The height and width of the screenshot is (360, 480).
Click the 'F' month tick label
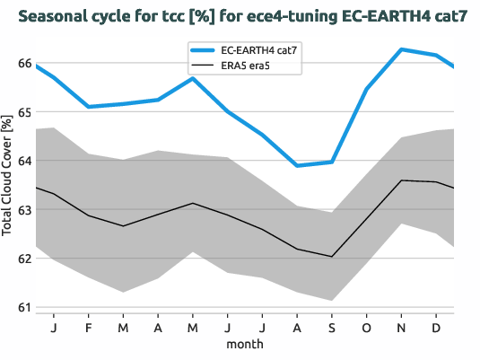(x=88, y=327)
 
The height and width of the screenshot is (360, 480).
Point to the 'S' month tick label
(x=332, y=327)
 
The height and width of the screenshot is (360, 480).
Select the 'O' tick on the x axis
(x=367, y=327)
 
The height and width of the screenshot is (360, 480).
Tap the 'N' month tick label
(x=402, y=327)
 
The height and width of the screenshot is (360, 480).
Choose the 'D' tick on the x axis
(x=436, y=327)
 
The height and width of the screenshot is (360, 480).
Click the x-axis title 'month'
(x=245, y=344)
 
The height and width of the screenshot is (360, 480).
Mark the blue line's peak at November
(x=402, y=49)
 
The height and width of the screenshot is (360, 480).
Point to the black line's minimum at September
(x=332, y=257)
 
